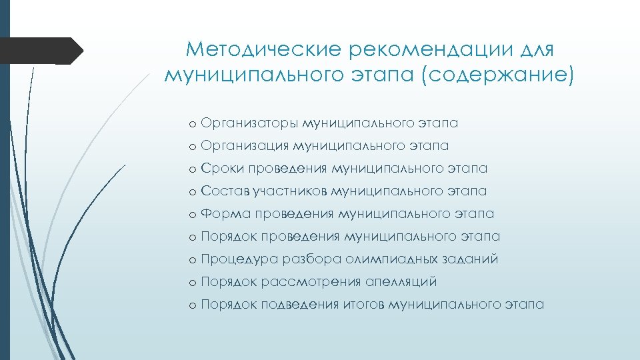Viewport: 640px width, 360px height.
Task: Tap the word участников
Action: point(290,191)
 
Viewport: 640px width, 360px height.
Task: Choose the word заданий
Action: point(473,259)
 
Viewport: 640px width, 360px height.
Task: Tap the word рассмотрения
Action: point(312,282)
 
